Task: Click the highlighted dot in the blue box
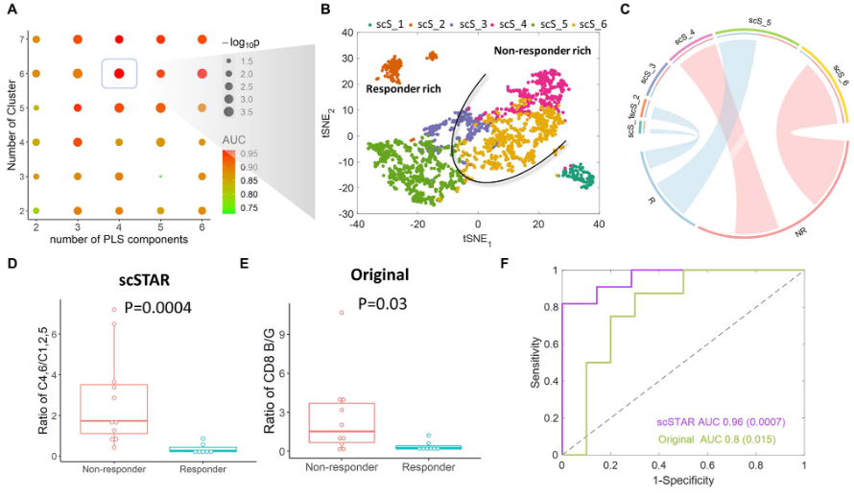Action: (118, 73)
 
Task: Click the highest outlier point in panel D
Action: (113, 310)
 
